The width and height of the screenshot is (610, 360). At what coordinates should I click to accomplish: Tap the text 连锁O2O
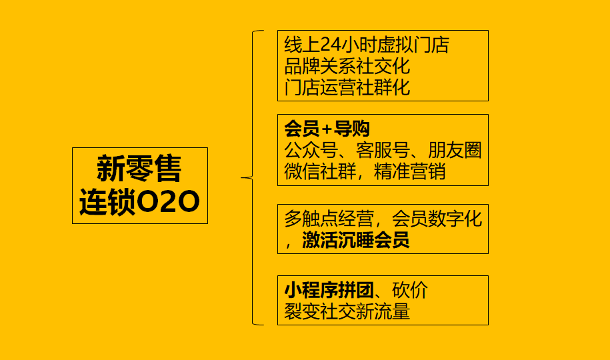[139, 203]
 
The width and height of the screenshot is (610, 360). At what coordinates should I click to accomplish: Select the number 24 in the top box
[331, 45]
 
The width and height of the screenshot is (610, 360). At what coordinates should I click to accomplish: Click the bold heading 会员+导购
[327, 129]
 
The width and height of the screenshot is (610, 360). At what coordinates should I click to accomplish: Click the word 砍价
[409, 291]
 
